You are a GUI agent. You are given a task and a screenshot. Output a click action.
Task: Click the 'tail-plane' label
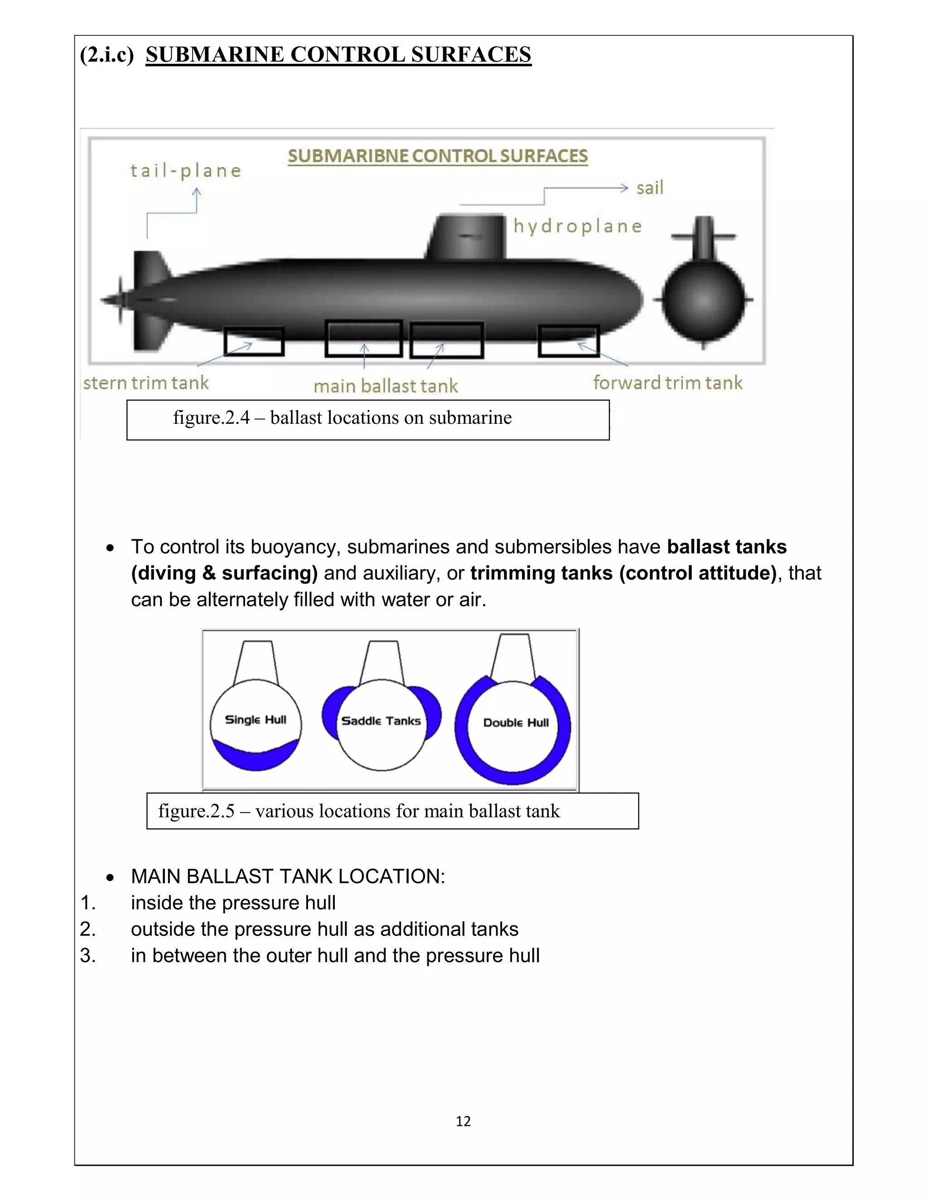[x=186, y=170]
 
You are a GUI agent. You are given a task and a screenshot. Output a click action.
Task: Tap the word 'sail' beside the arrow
[x=650, y=188]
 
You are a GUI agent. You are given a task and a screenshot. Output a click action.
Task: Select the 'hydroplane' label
[x=577, y=226]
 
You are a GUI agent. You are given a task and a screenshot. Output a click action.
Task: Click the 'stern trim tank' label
[x=146, y=383]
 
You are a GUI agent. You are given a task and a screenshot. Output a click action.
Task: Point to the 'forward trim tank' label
[x=667, y=383]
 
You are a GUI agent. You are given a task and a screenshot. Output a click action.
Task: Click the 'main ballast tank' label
[x=386, y=386]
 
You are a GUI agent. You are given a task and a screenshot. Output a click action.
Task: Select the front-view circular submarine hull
[x=703, y=300]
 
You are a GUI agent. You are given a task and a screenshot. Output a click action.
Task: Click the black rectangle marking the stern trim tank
[x=254, y=342]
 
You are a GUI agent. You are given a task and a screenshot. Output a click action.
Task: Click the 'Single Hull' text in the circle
[x=256, y=719]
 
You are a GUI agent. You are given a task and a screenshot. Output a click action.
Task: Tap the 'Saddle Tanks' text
[x=381, y=721]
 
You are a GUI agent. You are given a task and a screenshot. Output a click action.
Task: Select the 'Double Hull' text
[x=516, y=722]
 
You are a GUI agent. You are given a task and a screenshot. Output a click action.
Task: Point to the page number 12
[x=463, y=1121]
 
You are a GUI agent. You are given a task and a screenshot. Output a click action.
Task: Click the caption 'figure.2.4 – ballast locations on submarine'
[x=342, y=418]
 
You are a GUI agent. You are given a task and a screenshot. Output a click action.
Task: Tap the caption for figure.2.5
[x=358, y=811]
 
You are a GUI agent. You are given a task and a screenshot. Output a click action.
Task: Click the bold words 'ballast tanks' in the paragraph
[x=726, y=547]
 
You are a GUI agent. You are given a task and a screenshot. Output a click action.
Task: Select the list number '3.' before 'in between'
[x=88, y=955]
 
